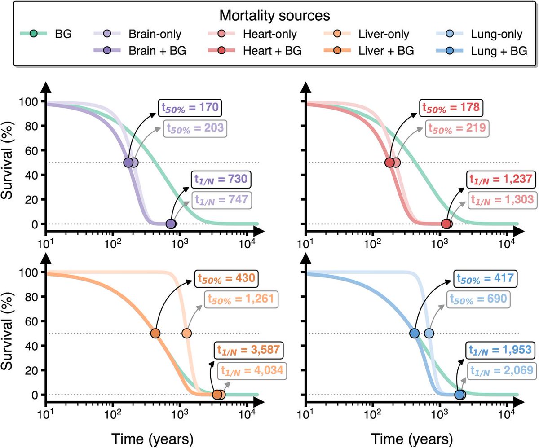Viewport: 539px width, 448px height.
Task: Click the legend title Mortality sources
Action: [x=275, y=16]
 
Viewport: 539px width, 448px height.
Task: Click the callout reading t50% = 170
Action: [x=190, y=108]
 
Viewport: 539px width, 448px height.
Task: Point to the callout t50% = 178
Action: [x=451, y=108]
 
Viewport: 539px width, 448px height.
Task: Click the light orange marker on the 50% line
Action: [x=186, y=333]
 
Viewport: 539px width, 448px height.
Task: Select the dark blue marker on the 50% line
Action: [x=415, y=333]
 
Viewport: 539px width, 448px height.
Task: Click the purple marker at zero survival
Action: [x=171, y=224]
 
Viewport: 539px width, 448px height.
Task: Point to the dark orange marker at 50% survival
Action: [x=155, y=333]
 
